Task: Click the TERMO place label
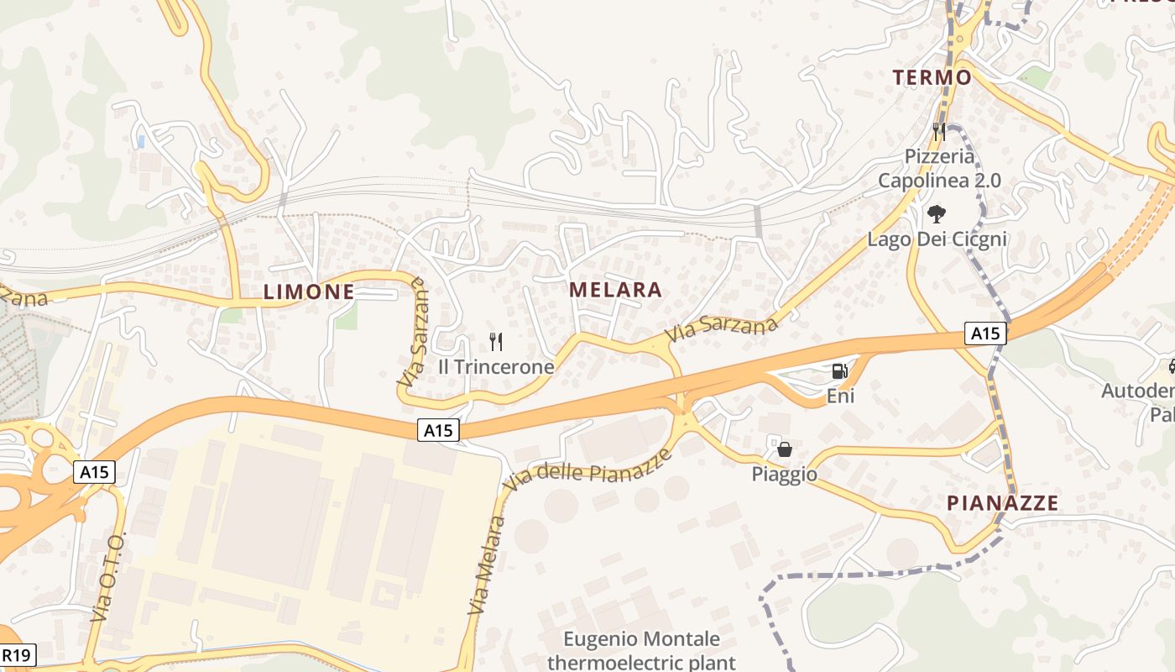point(932,78)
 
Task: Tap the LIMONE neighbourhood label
point(308,292)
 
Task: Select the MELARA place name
point(615,291)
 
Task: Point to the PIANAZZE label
point(1002,503)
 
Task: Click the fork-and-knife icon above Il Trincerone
point(496,341)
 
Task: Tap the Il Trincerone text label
point(496,367)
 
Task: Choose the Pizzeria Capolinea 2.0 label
point(939,168)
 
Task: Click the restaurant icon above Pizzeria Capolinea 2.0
point(939,132)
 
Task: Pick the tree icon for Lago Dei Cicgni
point(936,214)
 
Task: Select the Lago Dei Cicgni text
point(937,239)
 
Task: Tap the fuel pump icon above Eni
point(839,370)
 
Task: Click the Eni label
point(840,396)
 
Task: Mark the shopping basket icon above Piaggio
point(785,449)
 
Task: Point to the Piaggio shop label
point(784,475)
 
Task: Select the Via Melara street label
point(488,564)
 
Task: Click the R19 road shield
point(17,655)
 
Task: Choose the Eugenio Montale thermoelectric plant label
point(641,651)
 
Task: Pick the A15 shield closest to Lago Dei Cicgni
point(984,333)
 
